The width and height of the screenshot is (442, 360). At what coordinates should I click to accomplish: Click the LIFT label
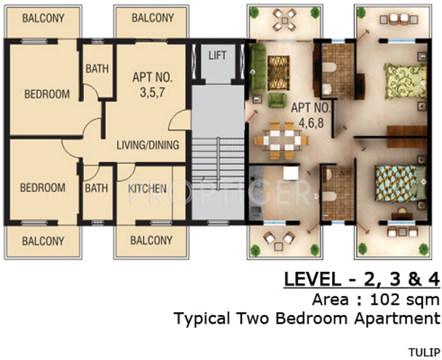click(x=217, y=55)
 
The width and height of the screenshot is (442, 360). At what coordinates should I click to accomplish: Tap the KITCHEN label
click(x=147, y=189)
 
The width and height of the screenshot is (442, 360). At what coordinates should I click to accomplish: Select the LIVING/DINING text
click(x=148, y=145)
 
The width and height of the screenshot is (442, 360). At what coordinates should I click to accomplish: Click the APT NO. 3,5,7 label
click(x=152, y=85)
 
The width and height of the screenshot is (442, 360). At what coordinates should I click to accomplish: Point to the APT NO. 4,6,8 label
click(x=311, y=115)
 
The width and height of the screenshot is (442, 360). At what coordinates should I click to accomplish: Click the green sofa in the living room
click(x=258, y=69)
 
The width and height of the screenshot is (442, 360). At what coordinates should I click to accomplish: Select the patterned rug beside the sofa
click(x=279, y=73)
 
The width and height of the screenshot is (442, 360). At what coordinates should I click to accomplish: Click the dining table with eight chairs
click(x=282, y=141)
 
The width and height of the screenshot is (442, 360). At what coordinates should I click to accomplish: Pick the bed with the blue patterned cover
click(x=400, y=184)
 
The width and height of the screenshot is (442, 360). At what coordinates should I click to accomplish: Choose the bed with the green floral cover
click(x=405, y=81)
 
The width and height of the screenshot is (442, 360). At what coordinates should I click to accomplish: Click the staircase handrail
click(x=218, y=163)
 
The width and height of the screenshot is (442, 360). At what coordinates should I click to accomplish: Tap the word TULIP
click(x=424, y=352)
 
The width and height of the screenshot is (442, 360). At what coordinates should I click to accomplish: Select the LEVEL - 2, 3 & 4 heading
click(x=362, y=279)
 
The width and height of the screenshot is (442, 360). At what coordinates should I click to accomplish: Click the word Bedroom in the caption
click(x=312, y=318)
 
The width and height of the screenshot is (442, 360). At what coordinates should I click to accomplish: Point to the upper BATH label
click(x=97, y=68)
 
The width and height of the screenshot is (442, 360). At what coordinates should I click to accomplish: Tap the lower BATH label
click(x=96, y=188)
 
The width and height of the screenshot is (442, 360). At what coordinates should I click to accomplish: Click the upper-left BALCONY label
click(x=43, y=18)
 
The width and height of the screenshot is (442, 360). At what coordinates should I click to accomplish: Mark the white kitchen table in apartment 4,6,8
click(x=290, y=173)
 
